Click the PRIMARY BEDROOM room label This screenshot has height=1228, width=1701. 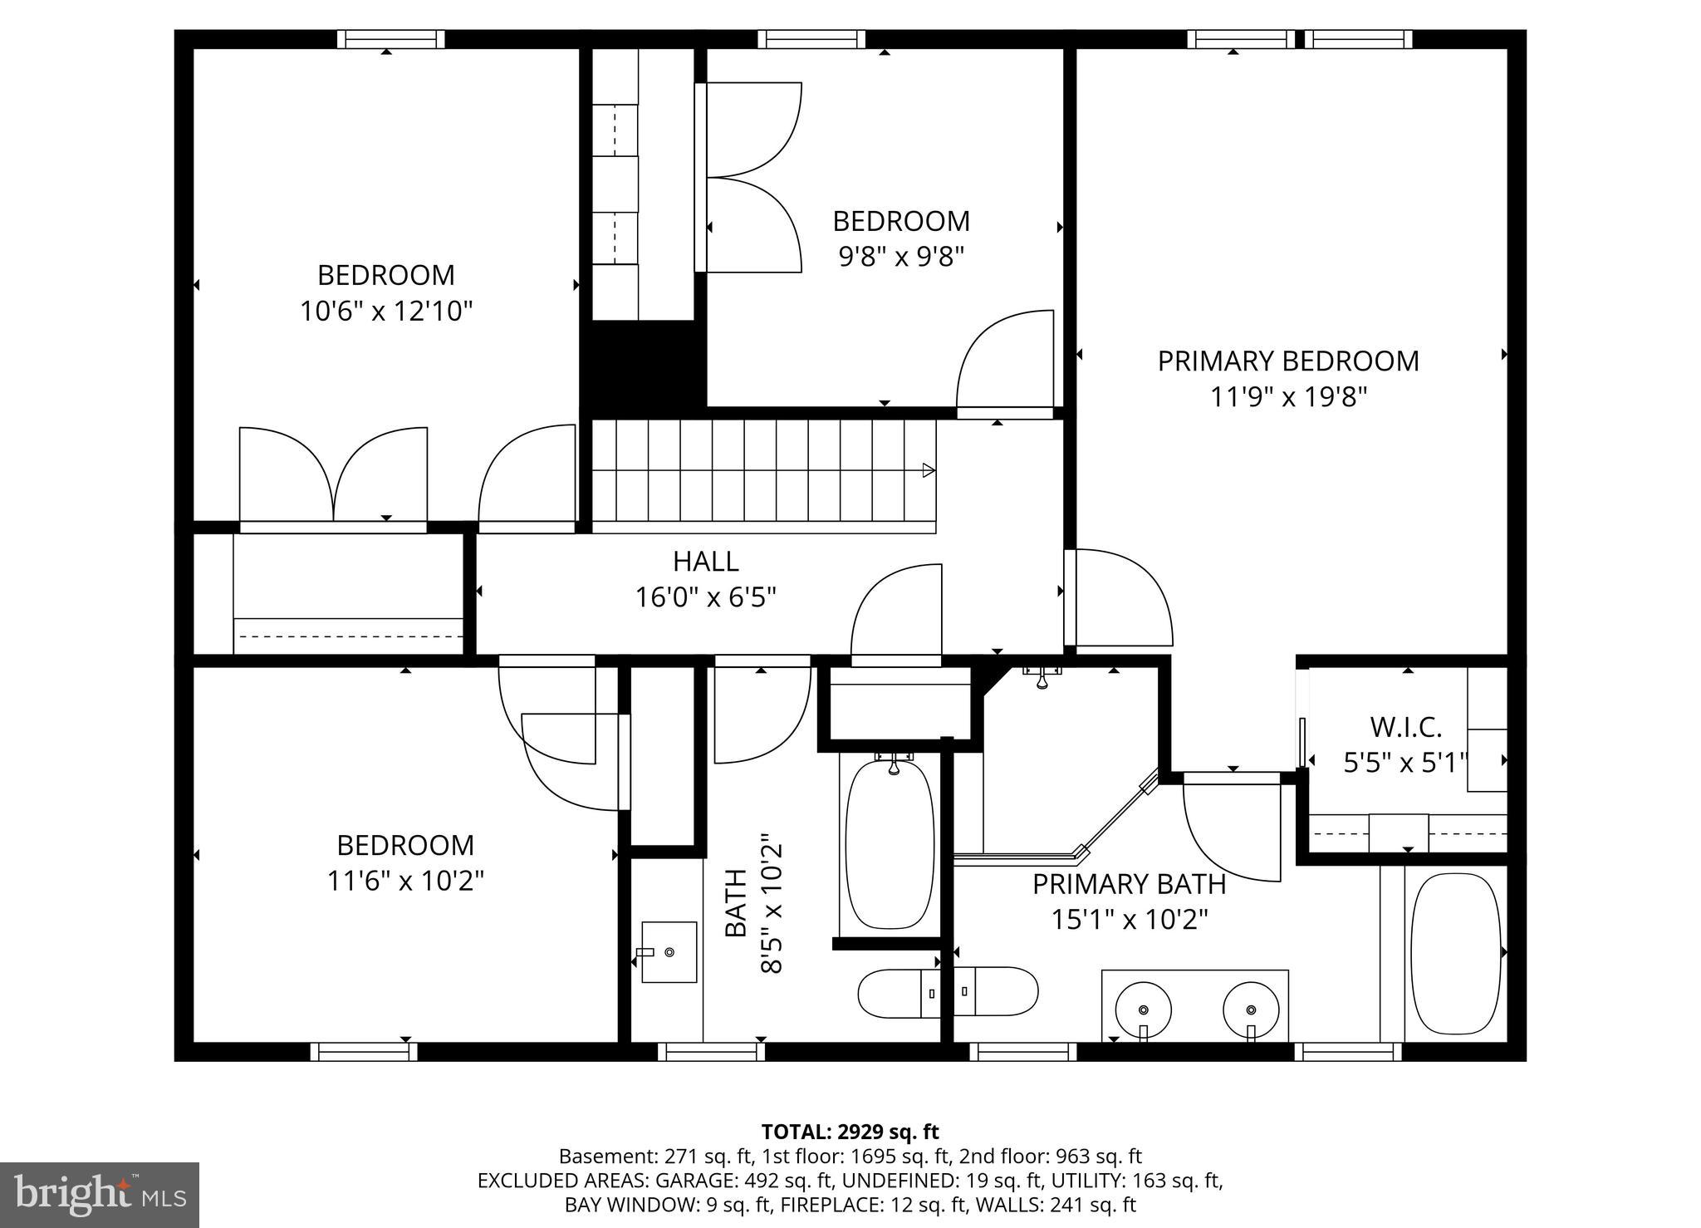tap(1288, 361)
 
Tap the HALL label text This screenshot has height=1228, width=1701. tap(705, 562)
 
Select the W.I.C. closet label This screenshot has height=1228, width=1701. tap(1405, 728)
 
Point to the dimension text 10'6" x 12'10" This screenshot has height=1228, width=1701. tap(386, 312)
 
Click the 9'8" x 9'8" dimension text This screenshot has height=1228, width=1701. tap(901, 257)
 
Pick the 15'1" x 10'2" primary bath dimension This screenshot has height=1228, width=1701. tap(1129, 920)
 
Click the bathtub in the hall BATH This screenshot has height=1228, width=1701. tap(890, 842)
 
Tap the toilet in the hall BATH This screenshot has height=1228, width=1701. tap(899, 992)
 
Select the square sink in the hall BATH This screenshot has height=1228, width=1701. tap(669, 951)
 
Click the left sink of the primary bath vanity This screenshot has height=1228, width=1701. tap(1143, 1009)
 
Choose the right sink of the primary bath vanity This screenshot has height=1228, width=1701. tap(1251, 1009)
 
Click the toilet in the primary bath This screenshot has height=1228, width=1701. tap(996, 991)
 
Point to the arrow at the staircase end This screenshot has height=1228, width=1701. tap(929, 470)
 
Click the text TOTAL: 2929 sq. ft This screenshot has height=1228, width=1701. tap(850, 1132)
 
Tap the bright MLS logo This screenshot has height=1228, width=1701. tap(100, 1195)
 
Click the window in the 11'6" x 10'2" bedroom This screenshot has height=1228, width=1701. tap(364, 1052)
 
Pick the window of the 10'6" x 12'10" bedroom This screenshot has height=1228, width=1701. tap(390, 39)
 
